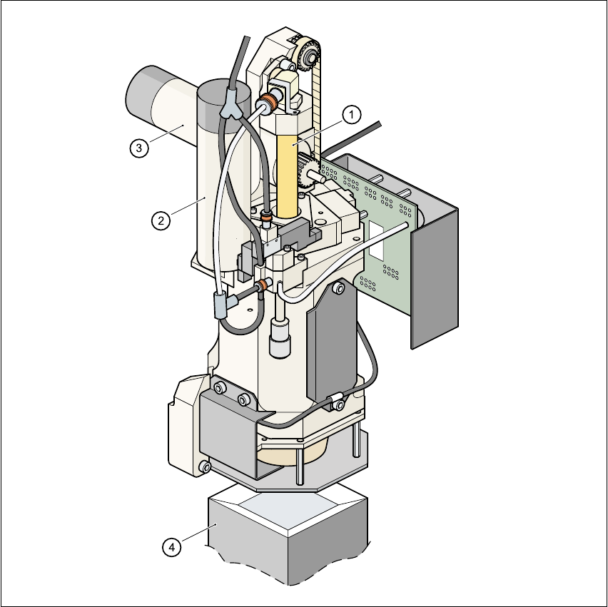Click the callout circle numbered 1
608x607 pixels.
[x=351, y=115]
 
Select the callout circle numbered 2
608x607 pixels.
[x=161, y=220]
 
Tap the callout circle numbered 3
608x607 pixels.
[x=139, y=148]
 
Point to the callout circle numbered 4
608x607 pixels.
[x=171, y=547]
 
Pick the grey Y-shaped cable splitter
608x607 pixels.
[x=231, y=104]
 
